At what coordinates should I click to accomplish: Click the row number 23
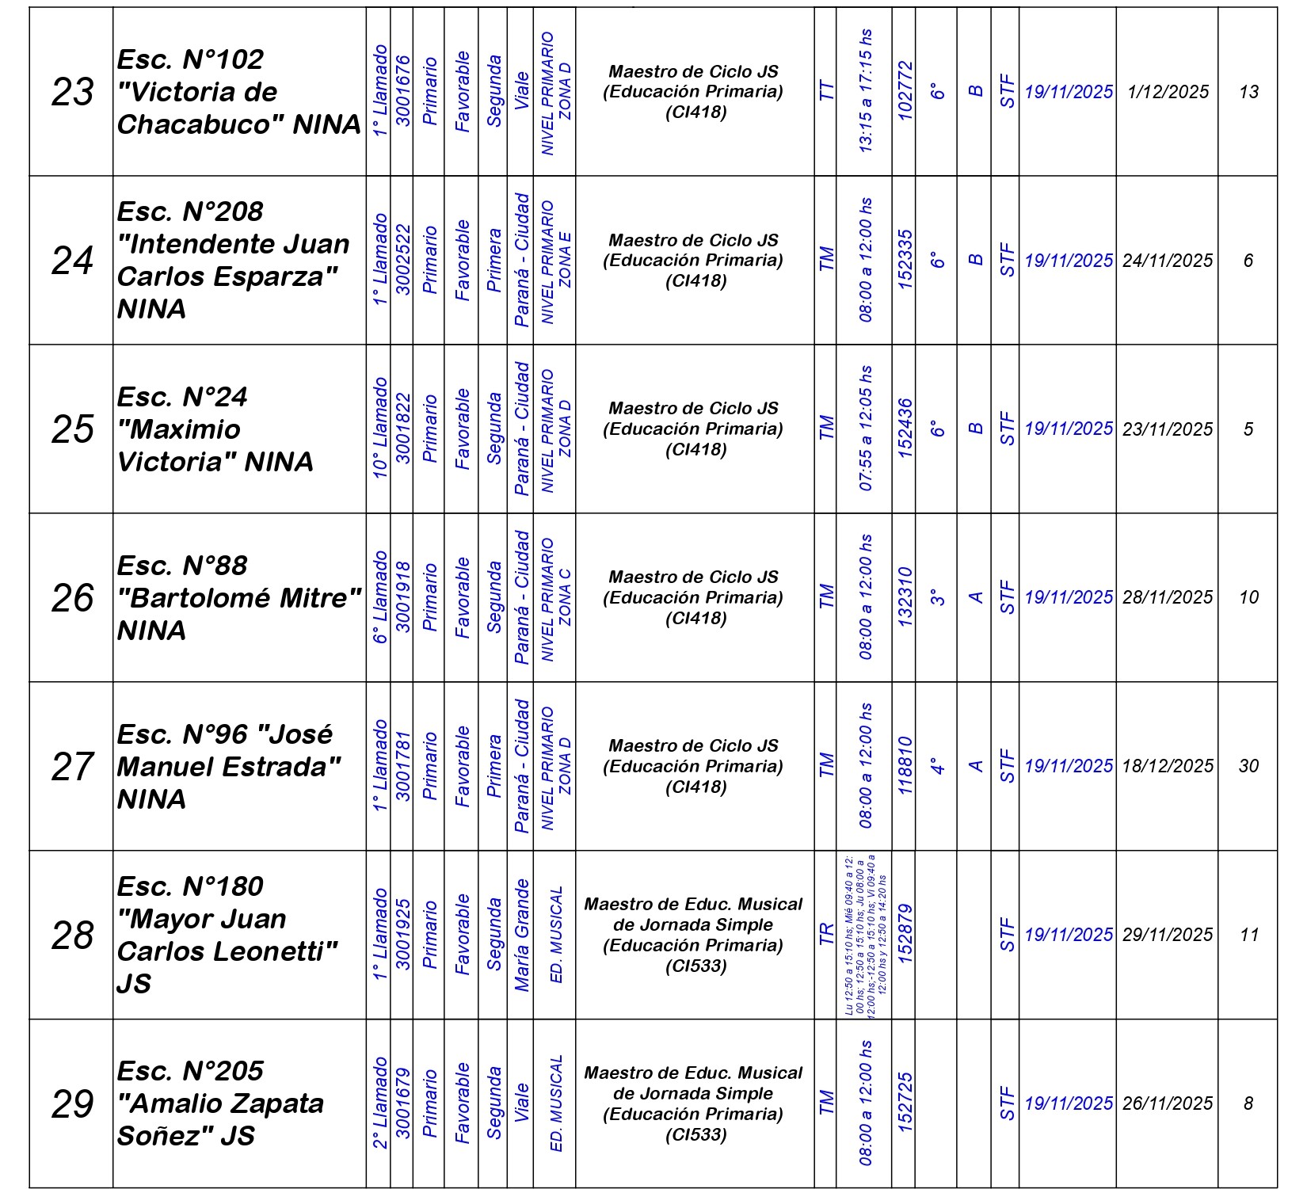[x=72, y=92]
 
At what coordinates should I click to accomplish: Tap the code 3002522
[x=403, y=260]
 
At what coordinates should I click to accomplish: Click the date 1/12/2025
[x=1168, y=92]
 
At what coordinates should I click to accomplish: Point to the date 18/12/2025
[x=1168, y=766]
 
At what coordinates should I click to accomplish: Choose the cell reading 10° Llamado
[x=380, y=429]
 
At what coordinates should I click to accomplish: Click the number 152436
[x=905, y=429]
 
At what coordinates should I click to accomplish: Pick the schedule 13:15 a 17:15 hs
[x=865, y=92]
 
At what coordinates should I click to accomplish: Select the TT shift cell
[x=826, y=92]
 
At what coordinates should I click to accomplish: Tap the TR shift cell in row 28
[x=826, y=935]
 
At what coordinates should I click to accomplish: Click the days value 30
[x=1248, y=766]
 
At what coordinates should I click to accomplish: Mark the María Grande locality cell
[x=521, y=935]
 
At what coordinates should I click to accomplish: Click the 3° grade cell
[x=937, y=597]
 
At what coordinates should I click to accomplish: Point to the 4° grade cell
[x=937, y=766]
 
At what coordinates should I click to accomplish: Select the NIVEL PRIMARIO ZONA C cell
[x=555, y=597]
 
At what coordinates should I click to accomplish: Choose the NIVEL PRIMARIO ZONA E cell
[x=555, y=260]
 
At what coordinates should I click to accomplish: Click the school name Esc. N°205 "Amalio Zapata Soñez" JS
[x=222, y=1103]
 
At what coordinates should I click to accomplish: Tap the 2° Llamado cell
[x=380, y=1103]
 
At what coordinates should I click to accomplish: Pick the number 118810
[x=905, y=766]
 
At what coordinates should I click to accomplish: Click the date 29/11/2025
[x=1168, y=935]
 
